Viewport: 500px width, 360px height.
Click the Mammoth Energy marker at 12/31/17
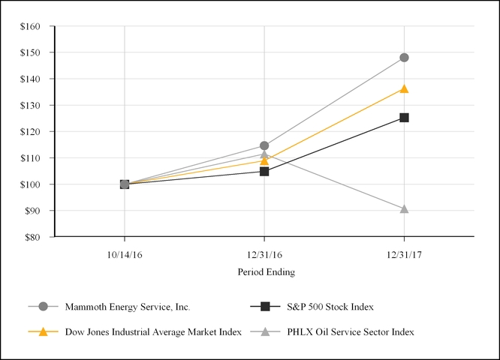tap(404, 58)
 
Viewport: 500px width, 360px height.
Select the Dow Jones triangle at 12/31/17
tap(404, 88)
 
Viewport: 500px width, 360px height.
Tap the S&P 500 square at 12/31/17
tap(404, 118)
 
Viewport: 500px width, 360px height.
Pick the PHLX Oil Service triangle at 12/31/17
tap(404, 208)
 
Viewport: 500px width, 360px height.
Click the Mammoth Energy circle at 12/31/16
tap(264, 145)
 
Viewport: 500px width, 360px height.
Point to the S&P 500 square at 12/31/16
tap(264, 172)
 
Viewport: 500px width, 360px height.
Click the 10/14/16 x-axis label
tap(125, 253)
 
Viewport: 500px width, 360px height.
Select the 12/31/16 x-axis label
tap(264, 253)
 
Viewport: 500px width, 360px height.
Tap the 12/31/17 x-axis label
tap(404, 253)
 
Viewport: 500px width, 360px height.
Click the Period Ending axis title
tap(266, 271)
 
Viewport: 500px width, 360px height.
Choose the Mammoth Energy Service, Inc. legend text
tap(126, 307)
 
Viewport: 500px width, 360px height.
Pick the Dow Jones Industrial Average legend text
tap(152, 331)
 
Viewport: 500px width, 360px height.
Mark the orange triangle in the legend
tap(43, 331)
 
